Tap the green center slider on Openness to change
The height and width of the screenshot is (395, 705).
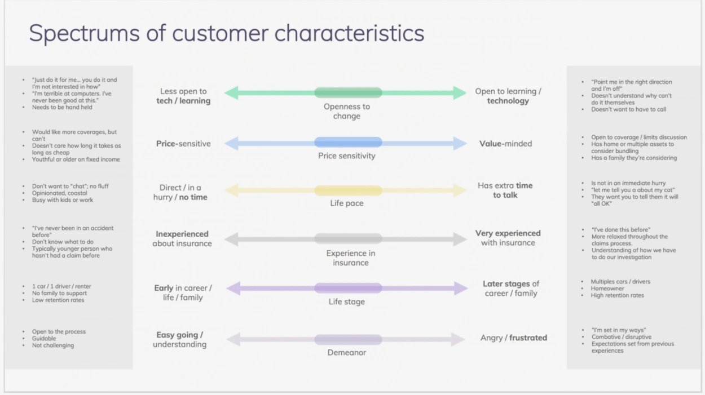[x=348, y=93]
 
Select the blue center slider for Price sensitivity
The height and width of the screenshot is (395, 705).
[x=348, y=143]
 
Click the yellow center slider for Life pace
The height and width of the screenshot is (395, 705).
[x=348, y=190]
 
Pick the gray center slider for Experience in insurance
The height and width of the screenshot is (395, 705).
[x=348, y=239]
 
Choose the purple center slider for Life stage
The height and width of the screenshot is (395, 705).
[x=348, y=289]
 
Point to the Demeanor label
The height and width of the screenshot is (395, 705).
[x=347, y=353]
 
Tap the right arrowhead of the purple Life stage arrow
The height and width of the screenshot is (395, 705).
[x=461, y=289]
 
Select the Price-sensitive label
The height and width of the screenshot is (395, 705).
[x=183, y=144]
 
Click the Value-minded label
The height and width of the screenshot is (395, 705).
[x=506, y=144]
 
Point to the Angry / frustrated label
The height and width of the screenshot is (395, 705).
[x=514, y=338]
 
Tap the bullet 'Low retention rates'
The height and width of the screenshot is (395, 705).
[x=58, y=300]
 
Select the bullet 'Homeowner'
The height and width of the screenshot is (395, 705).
[x=608, y=289]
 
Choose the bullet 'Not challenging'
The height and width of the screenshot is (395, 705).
[x=53, y=345]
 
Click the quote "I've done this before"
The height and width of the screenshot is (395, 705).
[x=620, y=230]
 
